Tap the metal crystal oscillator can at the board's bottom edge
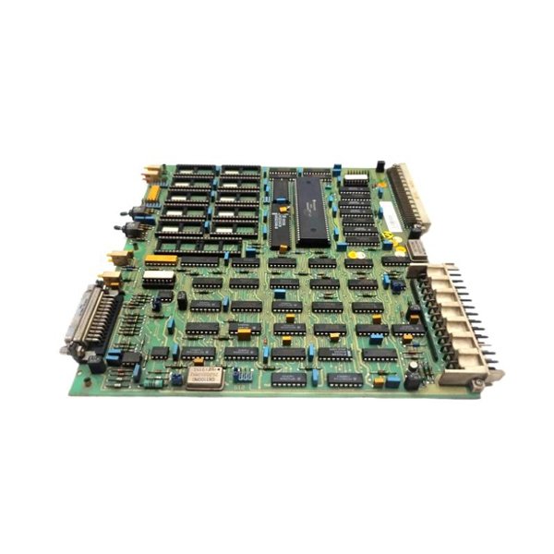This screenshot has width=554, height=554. coord(206,375)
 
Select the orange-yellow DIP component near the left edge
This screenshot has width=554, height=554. coord(160,260)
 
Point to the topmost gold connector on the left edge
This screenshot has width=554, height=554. coord(151,172)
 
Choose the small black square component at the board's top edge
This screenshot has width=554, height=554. coord(379,166)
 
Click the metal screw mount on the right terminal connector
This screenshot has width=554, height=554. coord(488,376)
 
